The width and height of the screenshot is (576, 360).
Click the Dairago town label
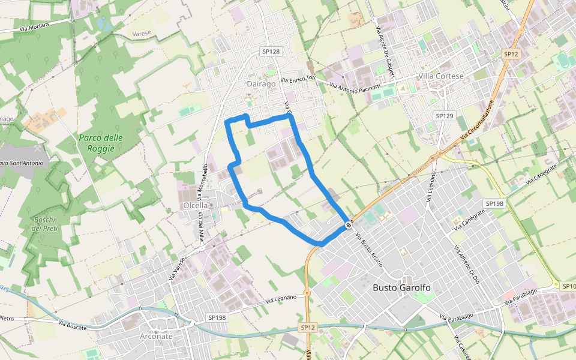(x=261, y=84)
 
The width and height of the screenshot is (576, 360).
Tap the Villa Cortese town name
(x=441, y=76)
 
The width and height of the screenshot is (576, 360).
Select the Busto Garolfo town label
(x=401, y=287)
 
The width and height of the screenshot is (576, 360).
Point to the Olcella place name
(x=195, y=205)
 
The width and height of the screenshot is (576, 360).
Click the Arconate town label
(x=156, y=336)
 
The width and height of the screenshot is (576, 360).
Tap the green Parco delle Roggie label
(x=101, y=143)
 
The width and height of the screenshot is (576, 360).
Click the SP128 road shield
(x=271, y=52)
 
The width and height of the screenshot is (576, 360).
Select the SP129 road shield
(x=445, y=115)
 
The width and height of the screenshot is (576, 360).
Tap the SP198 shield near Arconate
(x=217, y=317)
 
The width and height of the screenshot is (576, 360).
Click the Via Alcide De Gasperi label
(x=384, y=47)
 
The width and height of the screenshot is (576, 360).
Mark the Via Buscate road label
(x=73, y=325)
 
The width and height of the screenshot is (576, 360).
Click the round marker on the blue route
(x=349, y=225)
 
